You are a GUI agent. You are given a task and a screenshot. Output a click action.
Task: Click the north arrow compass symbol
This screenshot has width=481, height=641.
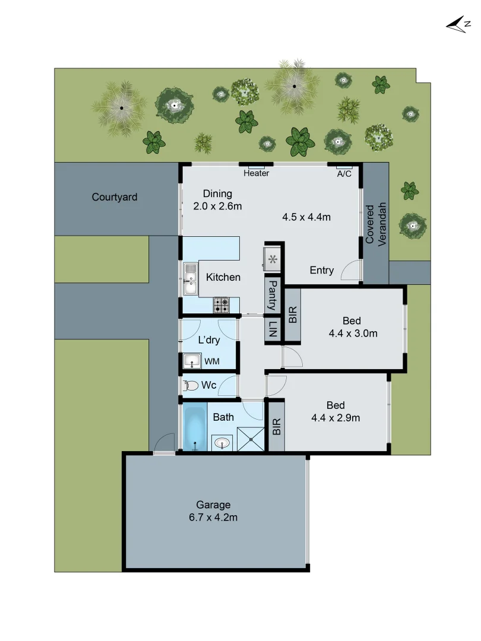[458, 24]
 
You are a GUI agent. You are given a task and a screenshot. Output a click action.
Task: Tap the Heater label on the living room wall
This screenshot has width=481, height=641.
[256, 173]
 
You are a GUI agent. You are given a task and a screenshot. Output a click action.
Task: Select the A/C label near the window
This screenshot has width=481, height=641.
[344, 174]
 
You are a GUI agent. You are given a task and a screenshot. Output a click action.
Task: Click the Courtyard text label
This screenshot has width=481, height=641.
[115, 197]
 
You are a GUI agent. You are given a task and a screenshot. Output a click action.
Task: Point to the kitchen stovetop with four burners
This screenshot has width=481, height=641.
[222, 305]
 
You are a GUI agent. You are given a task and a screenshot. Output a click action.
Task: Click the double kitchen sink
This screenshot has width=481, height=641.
[190, 280]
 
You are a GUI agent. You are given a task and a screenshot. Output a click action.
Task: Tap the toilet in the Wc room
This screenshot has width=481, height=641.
[191, 386]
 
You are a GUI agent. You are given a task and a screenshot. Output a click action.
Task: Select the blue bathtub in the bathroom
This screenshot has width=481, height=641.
[194, 427]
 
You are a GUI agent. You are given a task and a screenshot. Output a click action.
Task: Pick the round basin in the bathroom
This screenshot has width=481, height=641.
[222, 443]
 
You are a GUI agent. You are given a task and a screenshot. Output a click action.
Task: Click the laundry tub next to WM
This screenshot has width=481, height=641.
[192, 361]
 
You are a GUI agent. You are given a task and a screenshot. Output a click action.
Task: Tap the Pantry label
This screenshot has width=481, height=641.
[273, 296]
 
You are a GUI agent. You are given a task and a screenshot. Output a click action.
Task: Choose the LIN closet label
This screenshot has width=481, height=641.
[273, 329]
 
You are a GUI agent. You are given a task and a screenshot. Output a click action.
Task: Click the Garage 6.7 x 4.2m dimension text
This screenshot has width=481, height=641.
[213, 517]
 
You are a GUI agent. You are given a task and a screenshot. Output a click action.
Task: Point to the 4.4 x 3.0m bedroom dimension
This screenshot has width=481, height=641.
[353, 334]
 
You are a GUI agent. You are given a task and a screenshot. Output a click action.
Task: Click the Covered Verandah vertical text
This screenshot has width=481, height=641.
[376, 224]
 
